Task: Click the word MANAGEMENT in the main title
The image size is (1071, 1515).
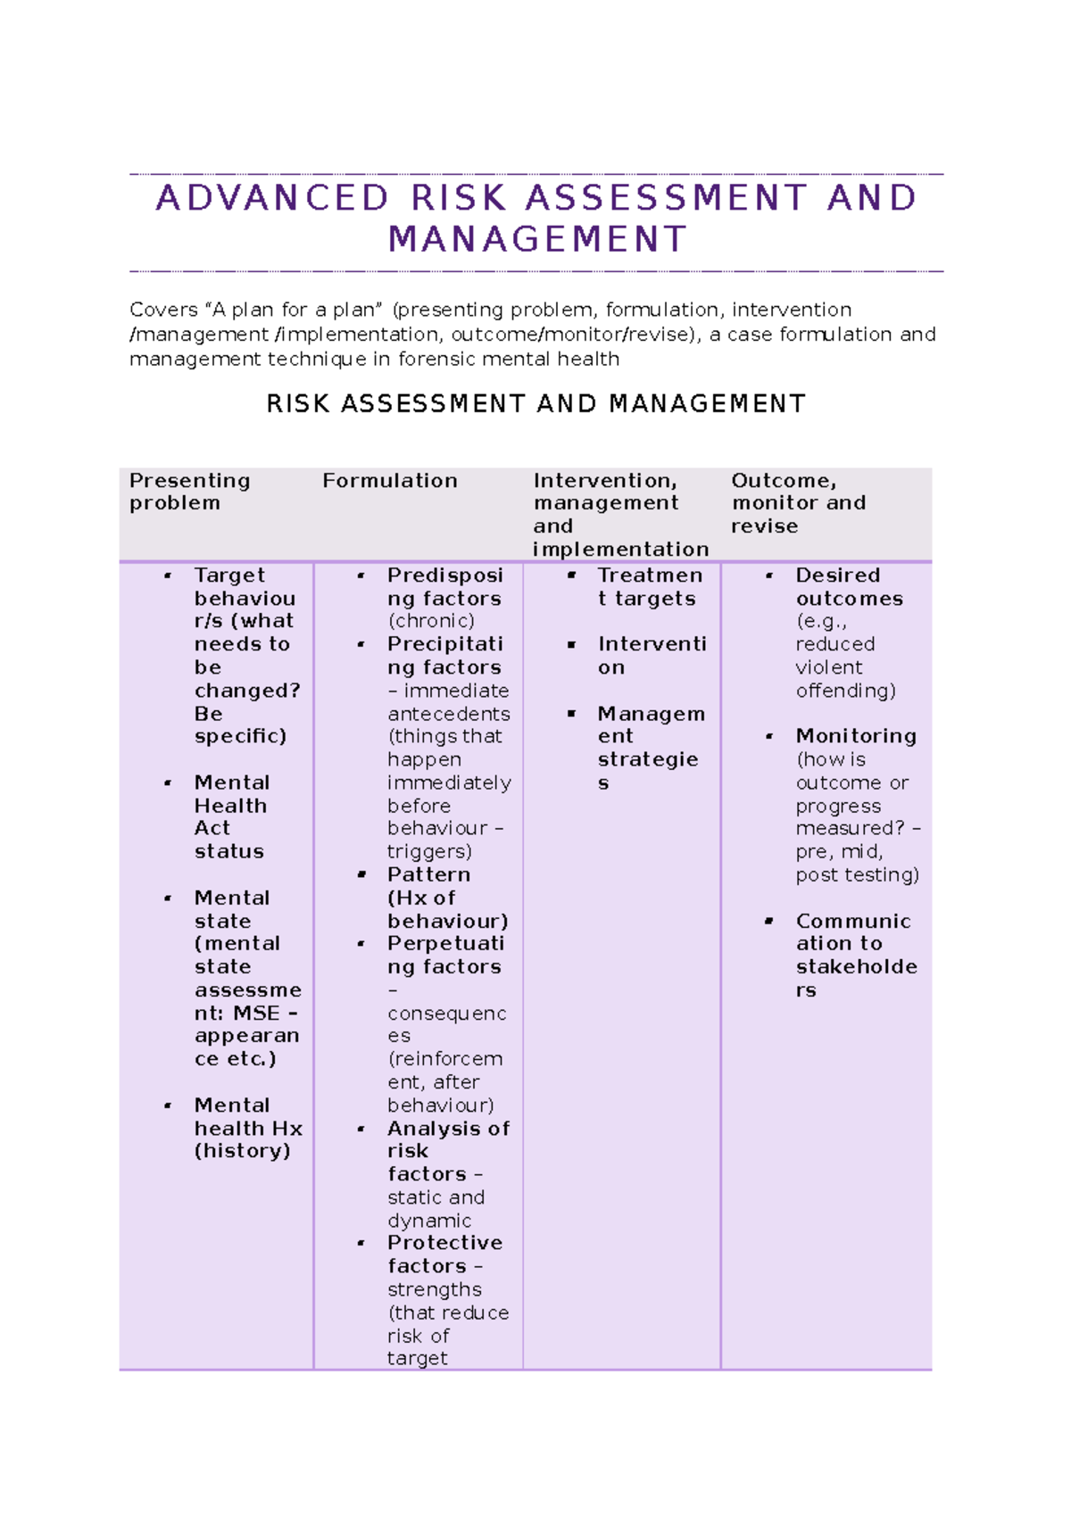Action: [537, 239]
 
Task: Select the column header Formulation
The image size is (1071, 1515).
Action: [389, 481]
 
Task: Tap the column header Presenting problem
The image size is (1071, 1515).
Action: [188, 492]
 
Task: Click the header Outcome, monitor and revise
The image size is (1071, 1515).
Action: [797, 503]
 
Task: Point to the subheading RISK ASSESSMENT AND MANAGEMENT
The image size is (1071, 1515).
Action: [535, 404]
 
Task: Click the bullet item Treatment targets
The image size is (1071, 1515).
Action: [650, 587]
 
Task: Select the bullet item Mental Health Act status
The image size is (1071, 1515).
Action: [231, 816]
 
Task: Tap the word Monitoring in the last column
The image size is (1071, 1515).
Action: [855, 736]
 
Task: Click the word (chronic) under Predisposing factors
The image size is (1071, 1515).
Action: [430, 621]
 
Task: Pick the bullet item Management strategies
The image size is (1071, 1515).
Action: [650, 748]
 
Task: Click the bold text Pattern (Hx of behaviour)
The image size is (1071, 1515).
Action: [445, 898]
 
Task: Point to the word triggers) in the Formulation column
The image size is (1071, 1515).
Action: [429, 851]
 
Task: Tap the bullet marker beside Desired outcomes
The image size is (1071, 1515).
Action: [769, 576]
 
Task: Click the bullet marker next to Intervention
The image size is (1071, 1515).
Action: [571, 645]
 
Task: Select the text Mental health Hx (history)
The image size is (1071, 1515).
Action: [246, 1128]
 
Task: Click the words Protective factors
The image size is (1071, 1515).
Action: [444, 1254]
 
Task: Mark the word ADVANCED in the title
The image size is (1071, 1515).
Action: [272, 198]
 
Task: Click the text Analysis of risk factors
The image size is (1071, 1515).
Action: [445, 1151]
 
